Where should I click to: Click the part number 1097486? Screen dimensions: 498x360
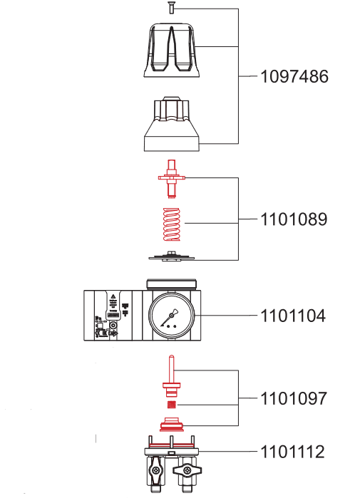pyautogui.click(x=294, y=76)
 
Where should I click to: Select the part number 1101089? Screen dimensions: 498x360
pyautogui.click(x=294, y=219)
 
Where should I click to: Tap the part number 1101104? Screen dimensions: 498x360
pyautogui.click(x=294, y=315)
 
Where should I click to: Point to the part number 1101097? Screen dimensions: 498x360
pyautogui.click(x=294, y=398)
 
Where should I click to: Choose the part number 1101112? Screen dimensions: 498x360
pyautogui.click(x=294, y=452)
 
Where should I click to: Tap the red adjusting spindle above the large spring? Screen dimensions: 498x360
pyautogui.click(x=171, y=178)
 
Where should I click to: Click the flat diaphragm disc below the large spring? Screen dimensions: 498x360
pyautogui.click(x=171, y=255)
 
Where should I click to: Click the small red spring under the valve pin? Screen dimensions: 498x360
pyautogui.click(x=171, y=405)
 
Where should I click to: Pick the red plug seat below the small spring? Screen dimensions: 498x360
pyautogui.click(x=171, y=426)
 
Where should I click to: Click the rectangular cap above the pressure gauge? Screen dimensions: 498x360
pyautogui.click(x=171, y=284)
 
